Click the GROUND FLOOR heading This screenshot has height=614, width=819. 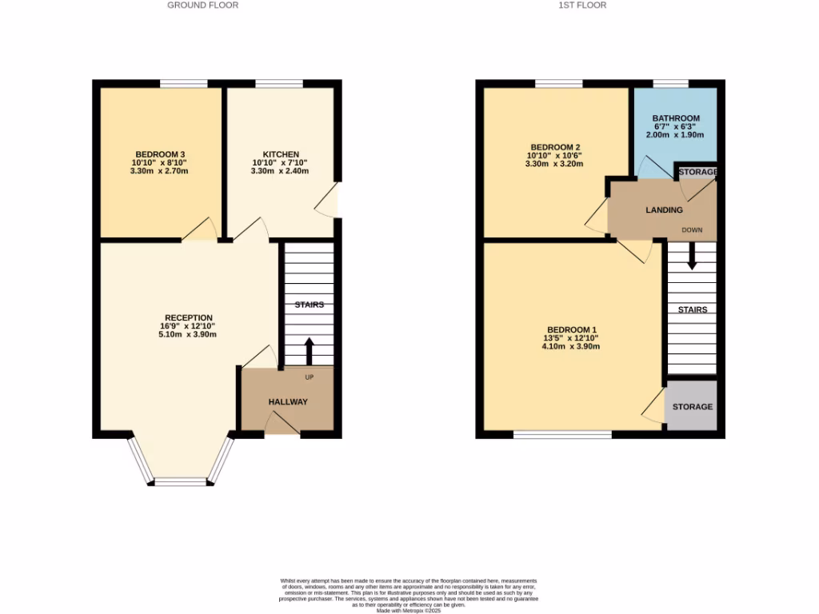point(202,5)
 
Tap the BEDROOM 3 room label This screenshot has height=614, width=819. point(160,154)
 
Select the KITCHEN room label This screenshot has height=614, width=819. point(281,154)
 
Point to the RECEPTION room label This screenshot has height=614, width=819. point(189,318)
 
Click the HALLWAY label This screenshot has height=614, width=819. point(288,402)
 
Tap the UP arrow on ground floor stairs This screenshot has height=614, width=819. point(309,350)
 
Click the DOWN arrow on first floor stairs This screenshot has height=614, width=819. point(692,255)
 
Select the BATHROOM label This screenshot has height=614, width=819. point(675,118)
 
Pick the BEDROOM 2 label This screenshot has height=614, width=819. point(554,147)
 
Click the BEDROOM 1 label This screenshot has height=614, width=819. point(572,330)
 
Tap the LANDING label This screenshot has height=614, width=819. point(664,210)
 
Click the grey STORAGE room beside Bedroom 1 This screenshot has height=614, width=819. point(692,407)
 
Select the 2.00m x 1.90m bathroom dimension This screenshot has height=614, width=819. point(675,135)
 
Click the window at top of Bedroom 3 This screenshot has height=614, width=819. point(183,83)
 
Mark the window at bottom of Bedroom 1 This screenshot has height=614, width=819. point(562,435)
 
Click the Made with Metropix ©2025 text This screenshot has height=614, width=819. point(409,610)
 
